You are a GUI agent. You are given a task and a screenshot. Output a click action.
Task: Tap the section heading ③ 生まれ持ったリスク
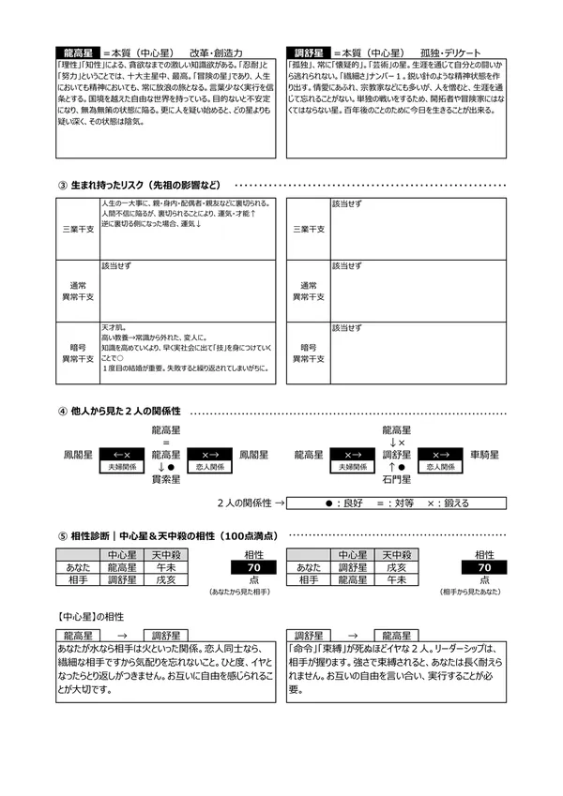(141, 185)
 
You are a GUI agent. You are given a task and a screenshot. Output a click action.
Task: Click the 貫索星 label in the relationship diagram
(165, 477)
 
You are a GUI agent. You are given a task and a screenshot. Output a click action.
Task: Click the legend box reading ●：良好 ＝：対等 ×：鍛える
(396, 503)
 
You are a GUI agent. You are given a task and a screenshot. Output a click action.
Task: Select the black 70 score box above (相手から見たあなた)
(484, 568)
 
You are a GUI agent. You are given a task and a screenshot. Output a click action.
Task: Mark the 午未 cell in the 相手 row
(396, 581)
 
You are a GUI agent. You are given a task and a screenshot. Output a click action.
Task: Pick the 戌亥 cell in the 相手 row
(165, 581)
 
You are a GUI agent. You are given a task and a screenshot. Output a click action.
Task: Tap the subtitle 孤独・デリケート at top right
(452, 53)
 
